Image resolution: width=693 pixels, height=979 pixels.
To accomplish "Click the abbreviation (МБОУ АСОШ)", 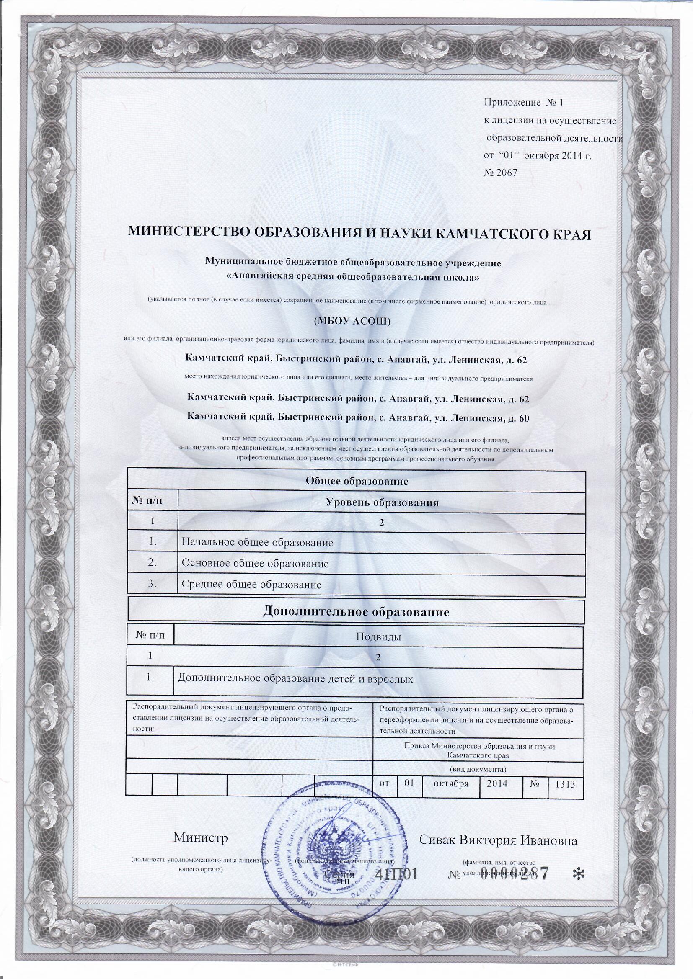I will pos(352,322).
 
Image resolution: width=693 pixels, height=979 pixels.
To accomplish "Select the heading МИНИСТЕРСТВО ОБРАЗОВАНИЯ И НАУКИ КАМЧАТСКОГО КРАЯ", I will pos(360,234).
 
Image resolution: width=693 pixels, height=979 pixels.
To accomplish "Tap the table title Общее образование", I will pos(357,482).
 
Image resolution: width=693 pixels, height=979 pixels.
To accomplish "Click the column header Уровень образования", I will pos(382,503).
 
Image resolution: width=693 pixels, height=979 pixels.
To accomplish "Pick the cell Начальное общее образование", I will pos(257,543).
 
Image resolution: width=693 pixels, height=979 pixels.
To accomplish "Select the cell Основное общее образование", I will pos(255,564).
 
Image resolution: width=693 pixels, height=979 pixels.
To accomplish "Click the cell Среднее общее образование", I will pos(251,585).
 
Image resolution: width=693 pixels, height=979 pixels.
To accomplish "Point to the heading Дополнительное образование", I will pos(356,613).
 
